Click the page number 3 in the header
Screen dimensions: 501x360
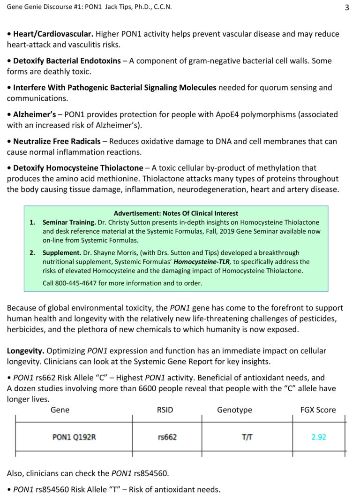click(x=347, y=7)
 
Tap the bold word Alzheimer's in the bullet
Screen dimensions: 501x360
click(x=35, y=114)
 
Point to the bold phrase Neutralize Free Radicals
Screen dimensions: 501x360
click(x=57, y=141)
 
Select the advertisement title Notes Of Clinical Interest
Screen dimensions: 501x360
click(x=176, y=213)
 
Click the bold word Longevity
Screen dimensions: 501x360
click(x=26, y=351)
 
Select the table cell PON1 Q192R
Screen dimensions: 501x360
click(x=74, y=437)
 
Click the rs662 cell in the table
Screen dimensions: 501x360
click(x=167, y=437)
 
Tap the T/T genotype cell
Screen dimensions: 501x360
click(x=247, y=437)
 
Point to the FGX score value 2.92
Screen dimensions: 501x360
click(x=319, y=437)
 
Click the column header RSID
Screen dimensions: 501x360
click(x=165, y=410)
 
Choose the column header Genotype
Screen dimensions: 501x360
click(x=234, y=410)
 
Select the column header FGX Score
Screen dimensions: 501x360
click(x=318, y=410)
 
